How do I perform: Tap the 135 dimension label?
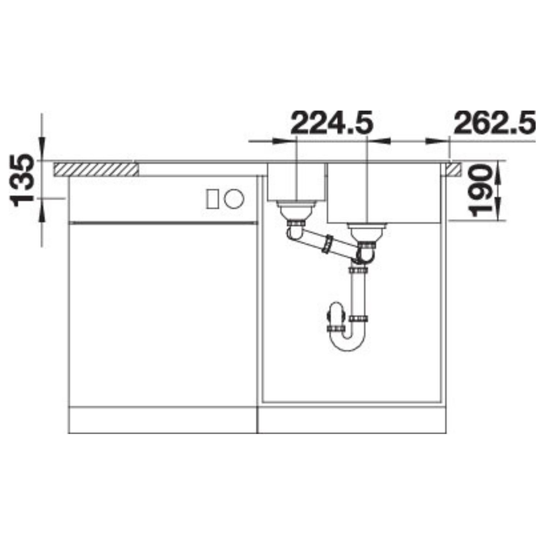(24, 180)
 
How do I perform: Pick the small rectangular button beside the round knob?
(213, 199)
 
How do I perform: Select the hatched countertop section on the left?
(96, 169)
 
